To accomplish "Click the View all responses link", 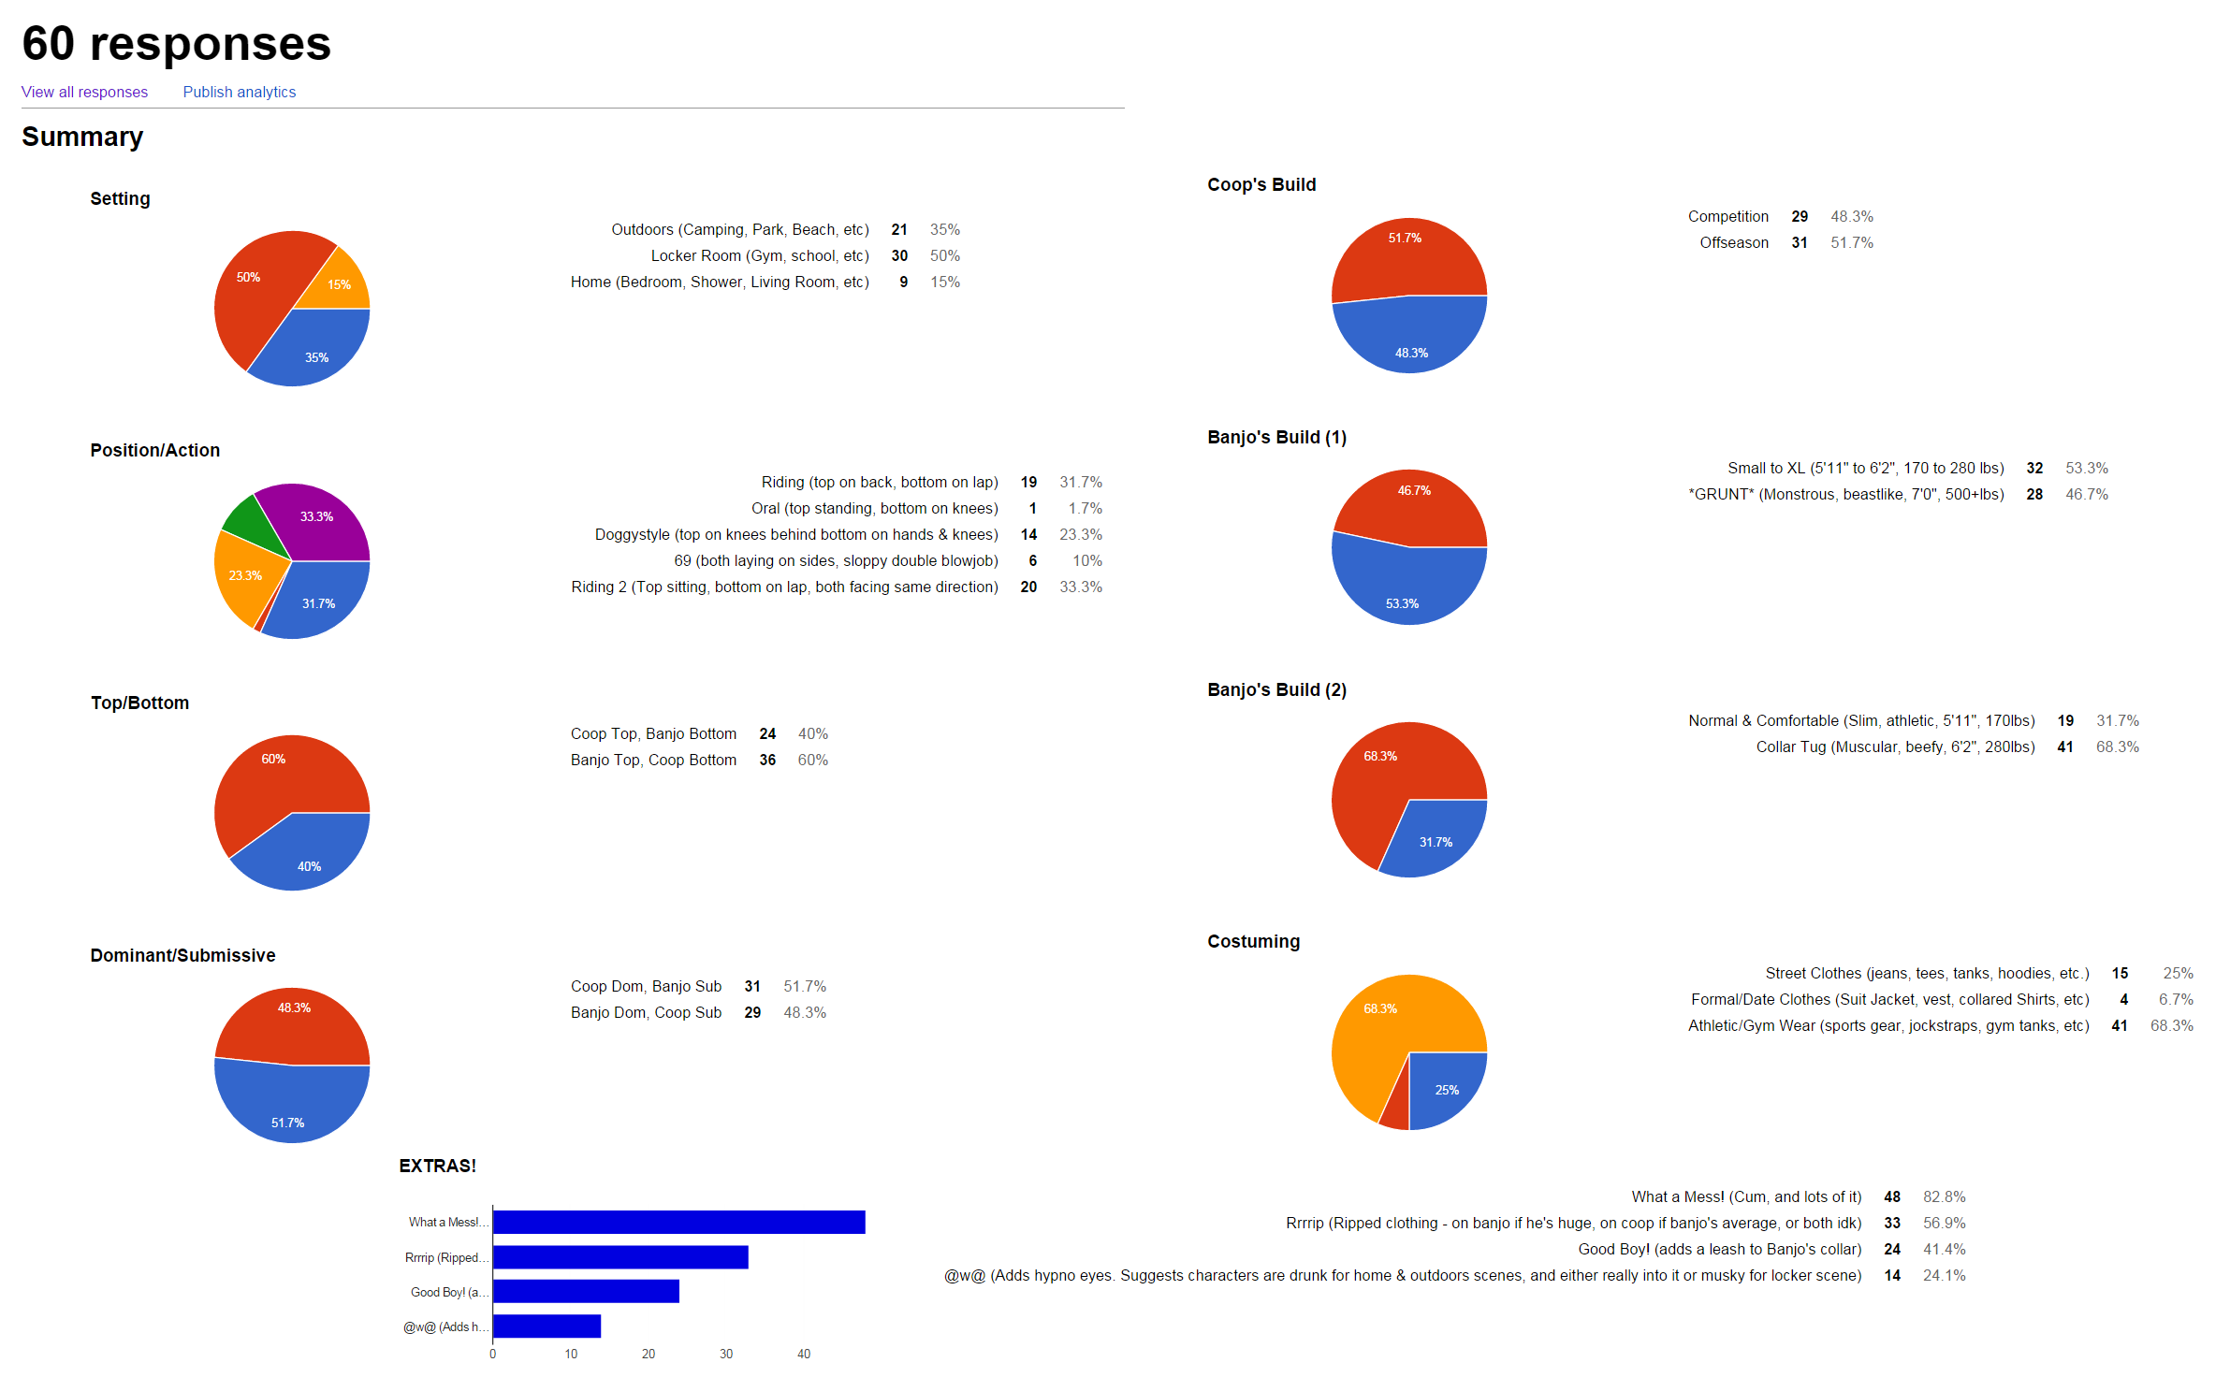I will click(84, 92).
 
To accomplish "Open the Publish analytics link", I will click(239, 92).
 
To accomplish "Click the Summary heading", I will click(82, 137).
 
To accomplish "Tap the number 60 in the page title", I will click(48, 43).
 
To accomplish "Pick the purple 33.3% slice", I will click(318, 519).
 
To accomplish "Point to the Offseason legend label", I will click(1734, 242).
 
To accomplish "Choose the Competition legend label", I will click(1727, 216).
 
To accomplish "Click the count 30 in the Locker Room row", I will click(899, 255).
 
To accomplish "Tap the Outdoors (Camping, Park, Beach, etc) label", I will click(739, 229).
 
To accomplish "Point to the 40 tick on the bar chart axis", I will click(804, 1354).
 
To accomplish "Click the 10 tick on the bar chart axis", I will click(571, 1354).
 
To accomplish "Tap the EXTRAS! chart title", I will click(437, 1166).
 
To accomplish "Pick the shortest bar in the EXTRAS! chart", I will click(547, 1326).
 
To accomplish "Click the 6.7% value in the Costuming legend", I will click(2176, 999).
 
